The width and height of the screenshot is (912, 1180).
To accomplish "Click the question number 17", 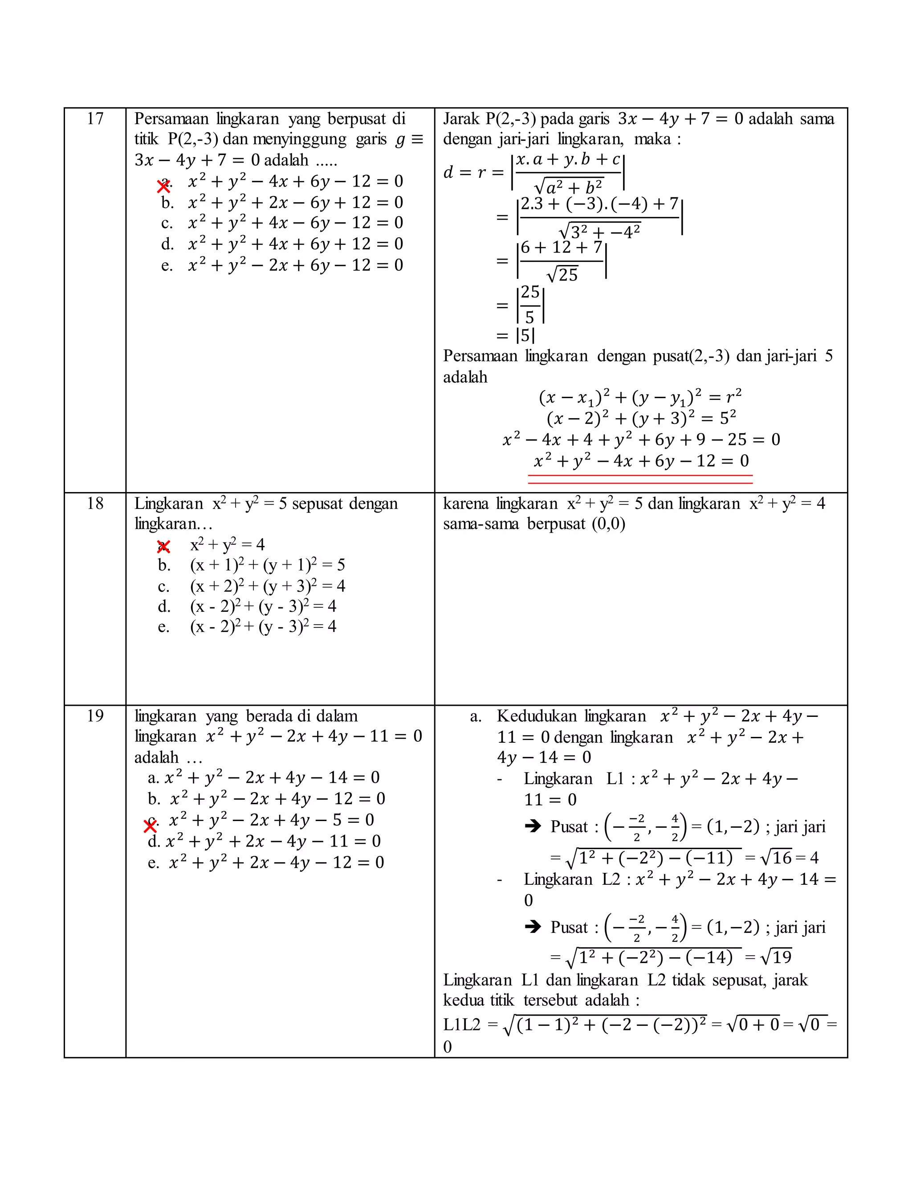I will [x=95, y=119].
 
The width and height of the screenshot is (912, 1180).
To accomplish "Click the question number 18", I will [x=95, y=504].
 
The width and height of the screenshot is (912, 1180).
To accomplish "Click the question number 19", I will [x=95, y=716].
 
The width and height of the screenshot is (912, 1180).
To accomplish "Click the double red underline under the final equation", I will [x=640, y=479].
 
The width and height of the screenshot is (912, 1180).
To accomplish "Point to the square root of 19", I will [x=776, y=957].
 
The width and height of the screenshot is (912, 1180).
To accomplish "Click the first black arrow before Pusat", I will [x=533, y=826].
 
